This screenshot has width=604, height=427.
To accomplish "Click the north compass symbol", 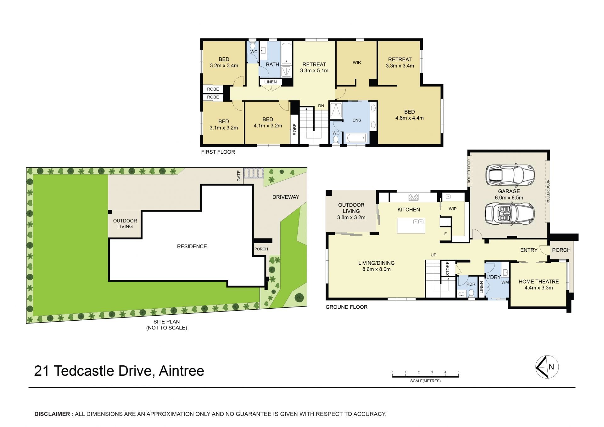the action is pos(547,367).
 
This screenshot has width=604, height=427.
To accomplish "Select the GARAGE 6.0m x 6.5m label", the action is pos(509,194).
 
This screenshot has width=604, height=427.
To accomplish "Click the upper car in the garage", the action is pos(510,175).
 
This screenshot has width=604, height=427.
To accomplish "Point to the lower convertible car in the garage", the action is pos(510,214).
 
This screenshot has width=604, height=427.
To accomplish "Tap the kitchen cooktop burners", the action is pos(413,197).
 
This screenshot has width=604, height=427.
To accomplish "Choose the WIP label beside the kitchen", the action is pos(452,209).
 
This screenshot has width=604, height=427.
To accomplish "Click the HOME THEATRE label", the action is pos(539,282).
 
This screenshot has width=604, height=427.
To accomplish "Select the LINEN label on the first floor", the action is pos(271,82).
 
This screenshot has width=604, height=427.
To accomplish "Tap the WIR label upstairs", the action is pos(357,62).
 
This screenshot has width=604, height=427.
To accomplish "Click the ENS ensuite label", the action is pos(357,120).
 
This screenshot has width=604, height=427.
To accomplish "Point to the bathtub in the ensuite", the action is pos(356,138).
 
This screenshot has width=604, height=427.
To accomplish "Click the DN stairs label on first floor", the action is pos(321,106).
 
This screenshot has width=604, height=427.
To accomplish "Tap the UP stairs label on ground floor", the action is pos(433,255).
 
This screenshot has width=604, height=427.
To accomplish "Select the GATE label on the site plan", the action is pos(239,176).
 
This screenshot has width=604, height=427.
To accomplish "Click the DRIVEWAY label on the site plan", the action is pos(286,197).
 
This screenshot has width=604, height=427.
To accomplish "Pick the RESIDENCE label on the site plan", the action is pos(192,246).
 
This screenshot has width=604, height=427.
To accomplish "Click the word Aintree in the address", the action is pos(182,371).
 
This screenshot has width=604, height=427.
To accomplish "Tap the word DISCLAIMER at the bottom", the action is pos(52,414).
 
